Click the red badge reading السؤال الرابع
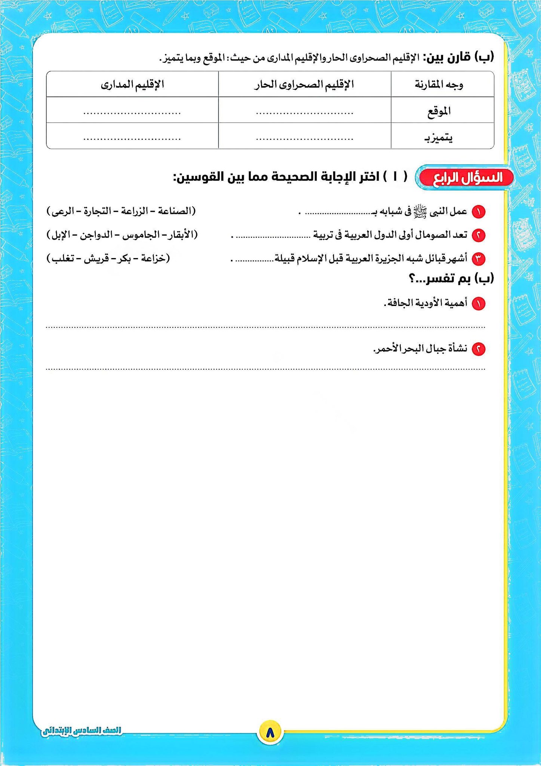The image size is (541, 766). point(466,178)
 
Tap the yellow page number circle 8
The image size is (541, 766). point(270,730)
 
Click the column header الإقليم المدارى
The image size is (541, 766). point(132,85)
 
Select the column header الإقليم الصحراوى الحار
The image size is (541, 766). point(304,85)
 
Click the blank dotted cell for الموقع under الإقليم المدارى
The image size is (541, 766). point(132,112)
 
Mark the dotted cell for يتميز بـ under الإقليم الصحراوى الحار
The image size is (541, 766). point(304,138)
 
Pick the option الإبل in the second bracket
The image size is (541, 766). point(61,235)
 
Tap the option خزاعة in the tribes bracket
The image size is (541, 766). point(153,258)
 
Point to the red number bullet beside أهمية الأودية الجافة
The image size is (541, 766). point(478,304)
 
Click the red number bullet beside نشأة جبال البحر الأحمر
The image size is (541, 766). point(478,349)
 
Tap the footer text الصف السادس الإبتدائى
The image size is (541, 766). point(82,730)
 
